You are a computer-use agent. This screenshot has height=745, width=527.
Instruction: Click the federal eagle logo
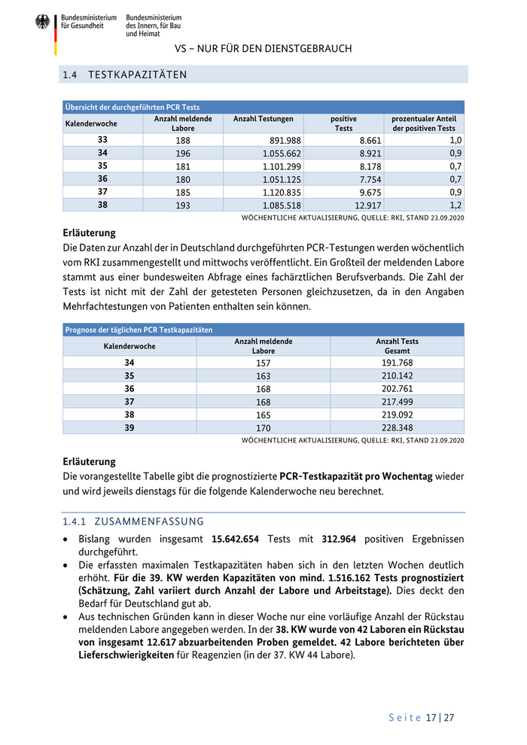(42, 23)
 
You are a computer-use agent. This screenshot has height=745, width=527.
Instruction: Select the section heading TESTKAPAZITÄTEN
(137, 74)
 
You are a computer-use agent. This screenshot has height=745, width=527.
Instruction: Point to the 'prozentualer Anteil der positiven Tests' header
(424, 123)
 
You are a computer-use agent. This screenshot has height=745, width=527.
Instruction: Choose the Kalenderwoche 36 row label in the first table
(102, 178)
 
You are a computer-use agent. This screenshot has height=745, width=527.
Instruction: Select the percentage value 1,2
(455, 204)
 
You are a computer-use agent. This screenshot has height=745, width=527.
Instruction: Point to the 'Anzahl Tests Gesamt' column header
(397, 346)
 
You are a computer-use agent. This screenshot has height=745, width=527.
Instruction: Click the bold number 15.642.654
(246, 539)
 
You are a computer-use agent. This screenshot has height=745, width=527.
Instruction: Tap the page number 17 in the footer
(431, 717)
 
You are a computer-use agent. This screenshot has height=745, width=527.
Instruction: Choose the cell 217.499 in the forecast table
(397, 400)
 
